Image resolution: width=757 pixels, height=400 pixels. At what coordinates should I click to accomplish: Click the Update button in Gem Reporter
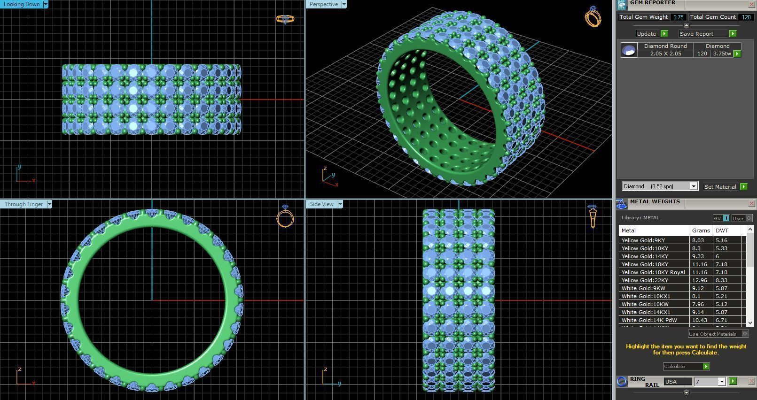coord(647,34)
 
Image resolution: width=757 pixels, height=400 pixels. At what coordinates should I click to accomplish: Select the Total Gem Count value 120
coord(746,17)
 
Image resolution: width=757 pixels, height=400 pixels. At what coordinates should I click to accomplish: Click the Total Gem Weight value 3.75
coord(678,17)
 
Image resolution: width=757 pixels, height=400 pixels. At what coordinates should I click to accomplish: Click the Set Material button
coord(720,187)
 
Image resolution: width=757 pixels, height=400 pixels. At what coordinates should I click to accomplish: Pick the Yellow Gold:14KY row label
coord(645,256)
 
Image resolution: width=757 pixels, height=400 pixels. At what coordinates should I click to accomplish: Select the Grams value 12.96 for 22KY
coord(699,280)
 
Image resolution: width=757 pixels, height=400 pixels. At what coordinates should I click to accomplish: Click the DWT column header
coord(722,231)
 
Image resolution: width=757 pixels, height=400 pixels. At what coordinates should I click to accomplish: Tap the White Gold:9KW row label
coord(643,288)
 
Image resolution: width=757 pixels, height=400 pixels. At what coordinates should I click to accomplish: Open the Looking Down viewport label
coord(22,4)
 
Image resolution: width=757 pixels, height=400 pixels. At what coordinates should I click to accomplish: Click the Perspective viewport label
coord(324,4)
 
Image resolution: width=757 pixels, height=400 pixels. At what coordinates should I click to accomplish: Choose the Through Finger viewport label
coord(24,204)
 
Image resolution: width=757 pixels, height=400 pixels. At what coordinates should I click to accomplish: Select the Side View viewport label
coord(322,204)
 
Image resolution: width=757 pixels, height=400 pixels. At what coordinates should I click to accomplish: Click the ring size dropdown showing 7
coord(710,382)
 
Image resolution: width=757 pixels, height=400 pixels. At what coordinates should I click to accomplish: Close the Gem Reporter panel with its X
coord(751,4)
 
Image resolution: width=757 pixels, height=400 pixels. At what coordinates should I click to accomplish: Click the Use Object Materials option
coord(713,334)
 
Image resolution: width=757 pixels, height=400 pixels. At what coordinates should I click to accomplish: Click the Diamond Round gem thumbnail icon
coord(629,50)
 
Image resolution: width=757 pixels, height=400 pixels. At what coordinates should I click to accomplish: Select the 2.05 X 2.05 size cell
coord(665,54)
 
